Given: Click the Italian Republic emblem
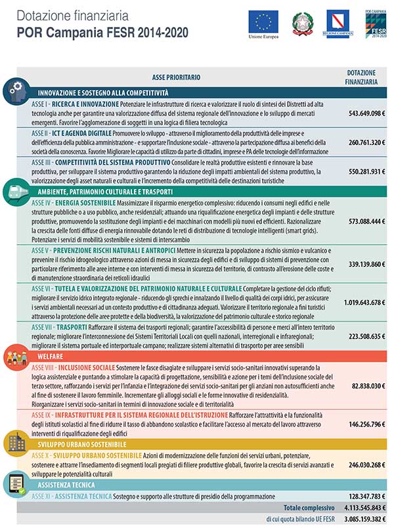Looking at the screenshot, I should tap(303, 22).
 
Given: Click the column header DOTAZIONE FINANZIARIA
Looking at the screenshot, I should tap(361, 77).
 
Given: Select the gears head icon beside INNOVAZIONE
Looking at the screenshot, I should tap(14, 91).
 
